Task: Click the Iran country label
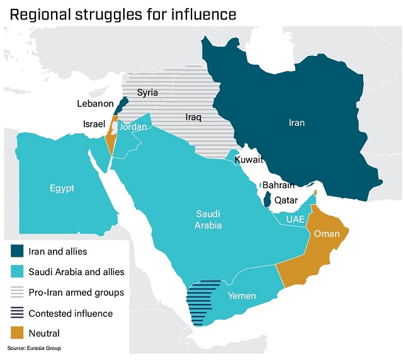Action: pyautogui.click(x=296, y=123)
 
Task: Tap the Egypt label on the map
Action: pyautogui.click(x=62, y=188)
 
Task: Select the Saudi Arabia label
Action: pyautogui.click(x=208, y=220)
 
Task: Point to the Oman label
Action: pyautogui.click(x=327, y=234)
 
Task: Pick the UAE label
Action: pyautogui.click(x=295, y=219)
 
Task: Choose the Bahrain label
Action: pyautogui.click(x=278, y=185)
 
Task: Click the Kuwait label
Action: pyautogui.click(x=249, y=160)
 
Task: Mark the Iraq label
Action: pyautogui.click(x=193, y=117)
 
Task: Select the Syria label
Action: pyautogui.click(x=147, y=93)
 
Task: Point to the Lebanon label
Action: pyautogui.click(x=95, y=104)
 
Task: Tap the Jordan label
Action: pyautogui.click(x=133, y=127)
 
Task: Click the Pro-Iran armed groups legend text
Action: pyautogui.click(x=76, y=293)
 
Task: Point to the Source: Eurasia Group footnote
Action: pyautogui.click(x=35, y=348)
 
